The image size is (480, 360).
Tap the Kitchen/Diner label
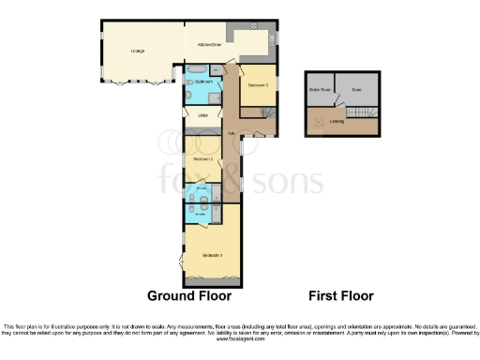pos(208,44)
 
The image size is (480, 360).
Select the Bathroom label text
pos(202,82)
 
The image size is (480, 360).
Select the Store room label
pos(356,91)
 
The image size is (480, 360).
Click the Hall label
pos(230,133)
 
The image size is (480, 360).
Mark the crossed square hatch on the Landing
pos(317,121)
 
